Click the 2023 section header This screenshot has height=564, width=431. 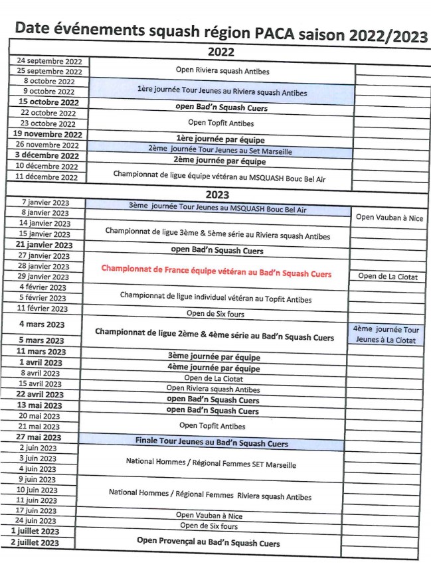217,194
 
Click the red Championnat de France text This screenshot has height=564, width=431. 216,273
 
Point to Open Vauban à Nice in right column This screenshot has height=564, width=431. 389,218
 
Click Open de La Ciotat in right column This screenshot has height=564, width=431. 388,277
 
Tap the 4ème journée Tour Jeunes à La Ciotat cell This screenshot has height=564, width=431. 386,334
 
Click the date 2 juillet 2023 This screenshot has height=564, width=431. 39,542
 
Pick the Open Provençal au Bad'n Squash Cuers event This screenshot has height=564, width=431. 208,541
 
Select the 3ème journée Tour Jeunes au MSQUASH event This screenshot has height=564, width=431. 218,207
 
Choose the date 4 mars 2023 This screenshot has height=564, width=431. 42,324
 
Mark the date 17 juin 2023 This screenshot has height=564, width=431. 38,510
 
